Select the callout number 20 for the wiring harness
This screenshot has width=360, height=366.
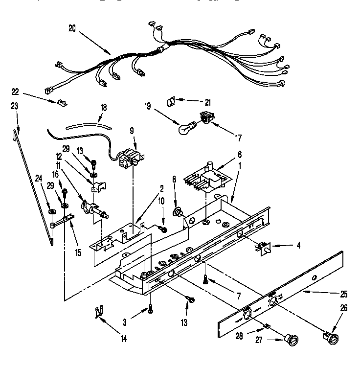pyautogui.click(x=72, y=29)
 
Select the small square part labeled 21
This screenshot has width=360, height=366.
pyautogui.click(x=171, y=101)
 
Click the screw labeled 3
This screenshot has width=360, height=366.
pyautogui.click(x=150, y=308)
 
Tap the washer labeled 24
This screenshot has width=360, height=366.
pyautogui.click(x=51, y=211)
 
